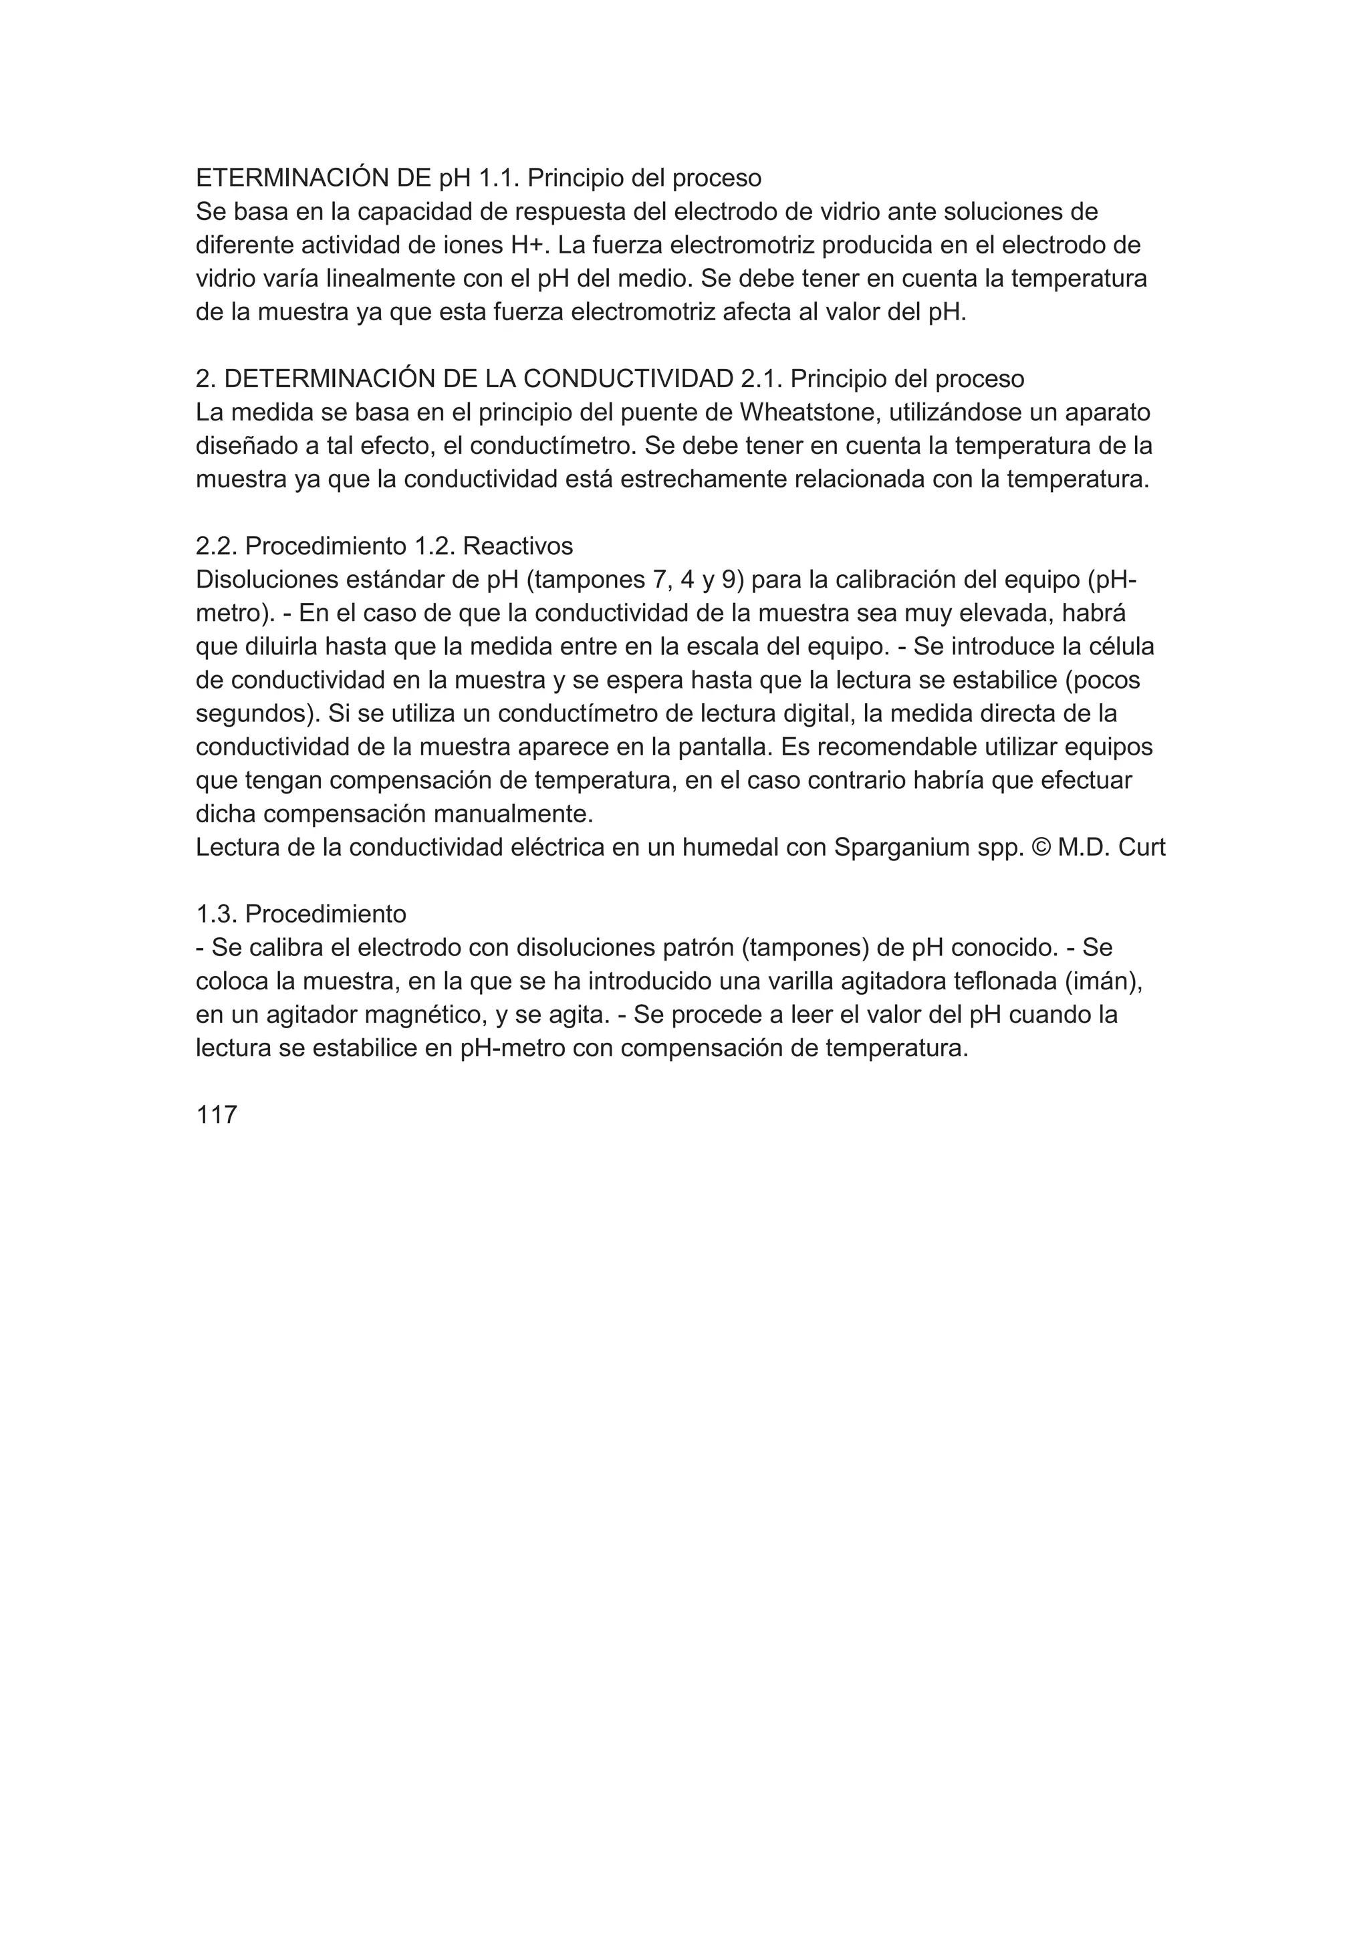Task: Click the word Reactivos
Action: click(x=517, y=546)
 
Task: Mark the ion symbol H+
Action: click(x=530, y=245)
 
